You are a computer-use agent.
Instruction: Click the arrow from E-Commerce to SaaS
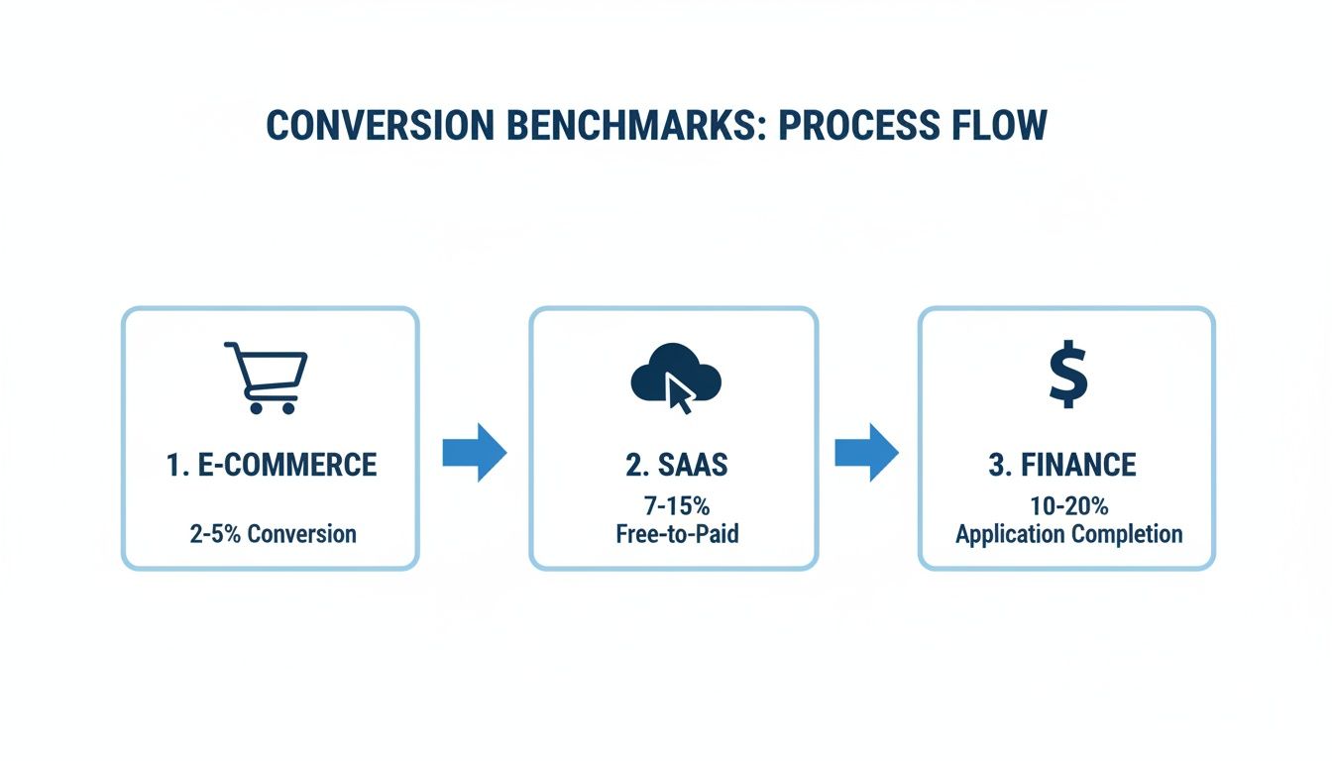tap(474, 453)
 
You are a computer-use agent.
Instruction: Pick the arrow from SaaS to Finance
tap(866, 453)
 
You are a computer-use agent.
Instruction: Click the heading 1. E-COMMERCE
tap(271, 465)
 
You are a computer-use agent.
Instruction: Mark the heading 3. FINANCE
tap(1062, 465)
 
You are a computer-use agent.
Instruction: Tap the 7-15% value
tap(675, 507)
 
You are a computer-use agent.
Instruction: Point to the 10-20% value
tap(1068, 507)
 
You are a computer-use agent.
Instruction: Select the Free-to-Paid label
tap(675, 535)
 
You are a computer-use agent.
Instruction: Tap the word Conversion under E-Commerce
tap(301, 534)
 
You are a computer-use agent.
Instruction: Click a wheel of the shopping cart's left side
tap(256, 407)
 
